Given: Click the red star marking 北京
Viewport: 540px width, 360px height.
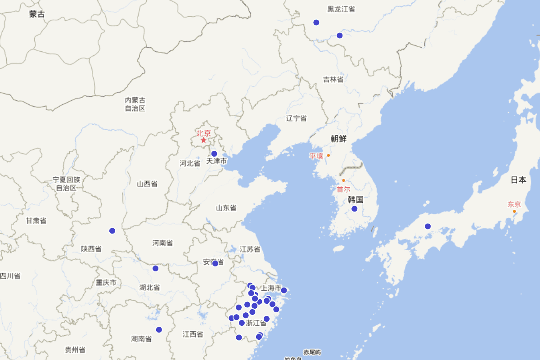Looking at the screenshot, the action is tap(203, 140).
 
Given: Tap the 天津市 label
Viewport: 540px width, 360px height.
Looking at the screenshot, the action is tap(216, 161).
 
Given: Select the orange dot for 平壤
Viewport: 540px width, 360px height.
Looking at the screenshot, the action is tap(328, 155).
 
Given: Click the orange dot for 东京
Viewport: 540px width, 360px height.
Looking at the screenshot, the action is tap(514, 211).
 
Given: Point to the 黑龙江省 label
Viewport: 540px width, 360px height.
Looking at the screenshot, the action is tap(341, 9).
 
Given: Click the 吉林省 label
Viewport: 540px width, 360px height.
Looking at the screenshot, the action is tap(333, 80).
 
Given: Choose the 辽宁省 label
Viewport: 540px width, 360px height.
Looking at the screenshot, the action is tap(297, 118).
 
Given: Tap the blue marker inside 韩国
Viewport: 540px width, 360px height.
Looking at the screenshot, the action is tap(355, 209).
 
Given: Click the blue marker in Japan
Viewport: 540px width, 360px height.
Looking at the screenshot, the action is tap(428, 226).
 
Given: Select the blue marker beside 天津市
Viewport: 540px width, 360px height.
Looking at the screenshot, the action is tap(214, 153).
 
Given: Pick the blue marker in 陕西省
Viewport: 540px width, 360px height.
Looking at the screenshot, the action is tap(112, 231).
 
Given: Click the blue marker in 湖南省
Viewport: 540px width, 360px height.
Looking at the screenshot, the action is tap(159, 330).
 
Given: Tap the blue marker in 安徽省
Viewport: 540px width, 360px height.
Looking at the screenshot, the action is tap(215, 263).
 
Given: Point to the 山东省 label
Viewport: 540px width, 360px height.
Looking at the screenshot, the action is tap(226, 208).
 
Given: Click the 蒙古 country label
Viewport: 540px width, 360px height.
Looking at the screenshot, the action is tap(37, 14).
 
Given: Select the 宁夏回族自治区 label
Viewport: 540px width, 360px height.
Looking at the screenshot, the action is tap(67, 184).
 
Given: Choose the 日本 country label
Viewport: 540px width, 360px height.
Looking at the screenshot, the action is tap(518, 180).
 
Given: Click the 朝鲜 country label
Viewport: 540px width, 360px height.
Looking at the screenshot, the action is tap(338, 139).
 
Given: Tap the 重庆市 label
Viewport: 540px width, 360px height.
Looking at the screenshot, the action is tap(106, 283).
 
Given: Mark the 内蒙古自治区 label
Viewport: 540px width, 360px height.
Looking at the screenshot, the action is tap(135, 104).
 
